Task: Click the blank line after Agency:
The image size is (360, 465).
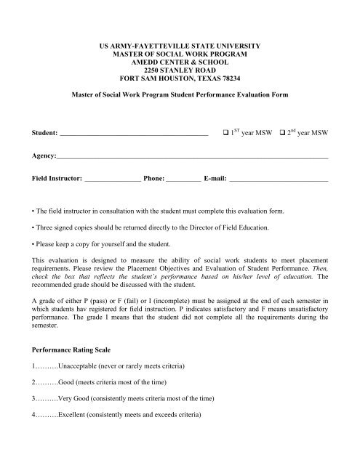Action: pos(192,158)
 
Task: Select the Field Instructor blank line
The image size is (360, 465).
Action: pos(113,178)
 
